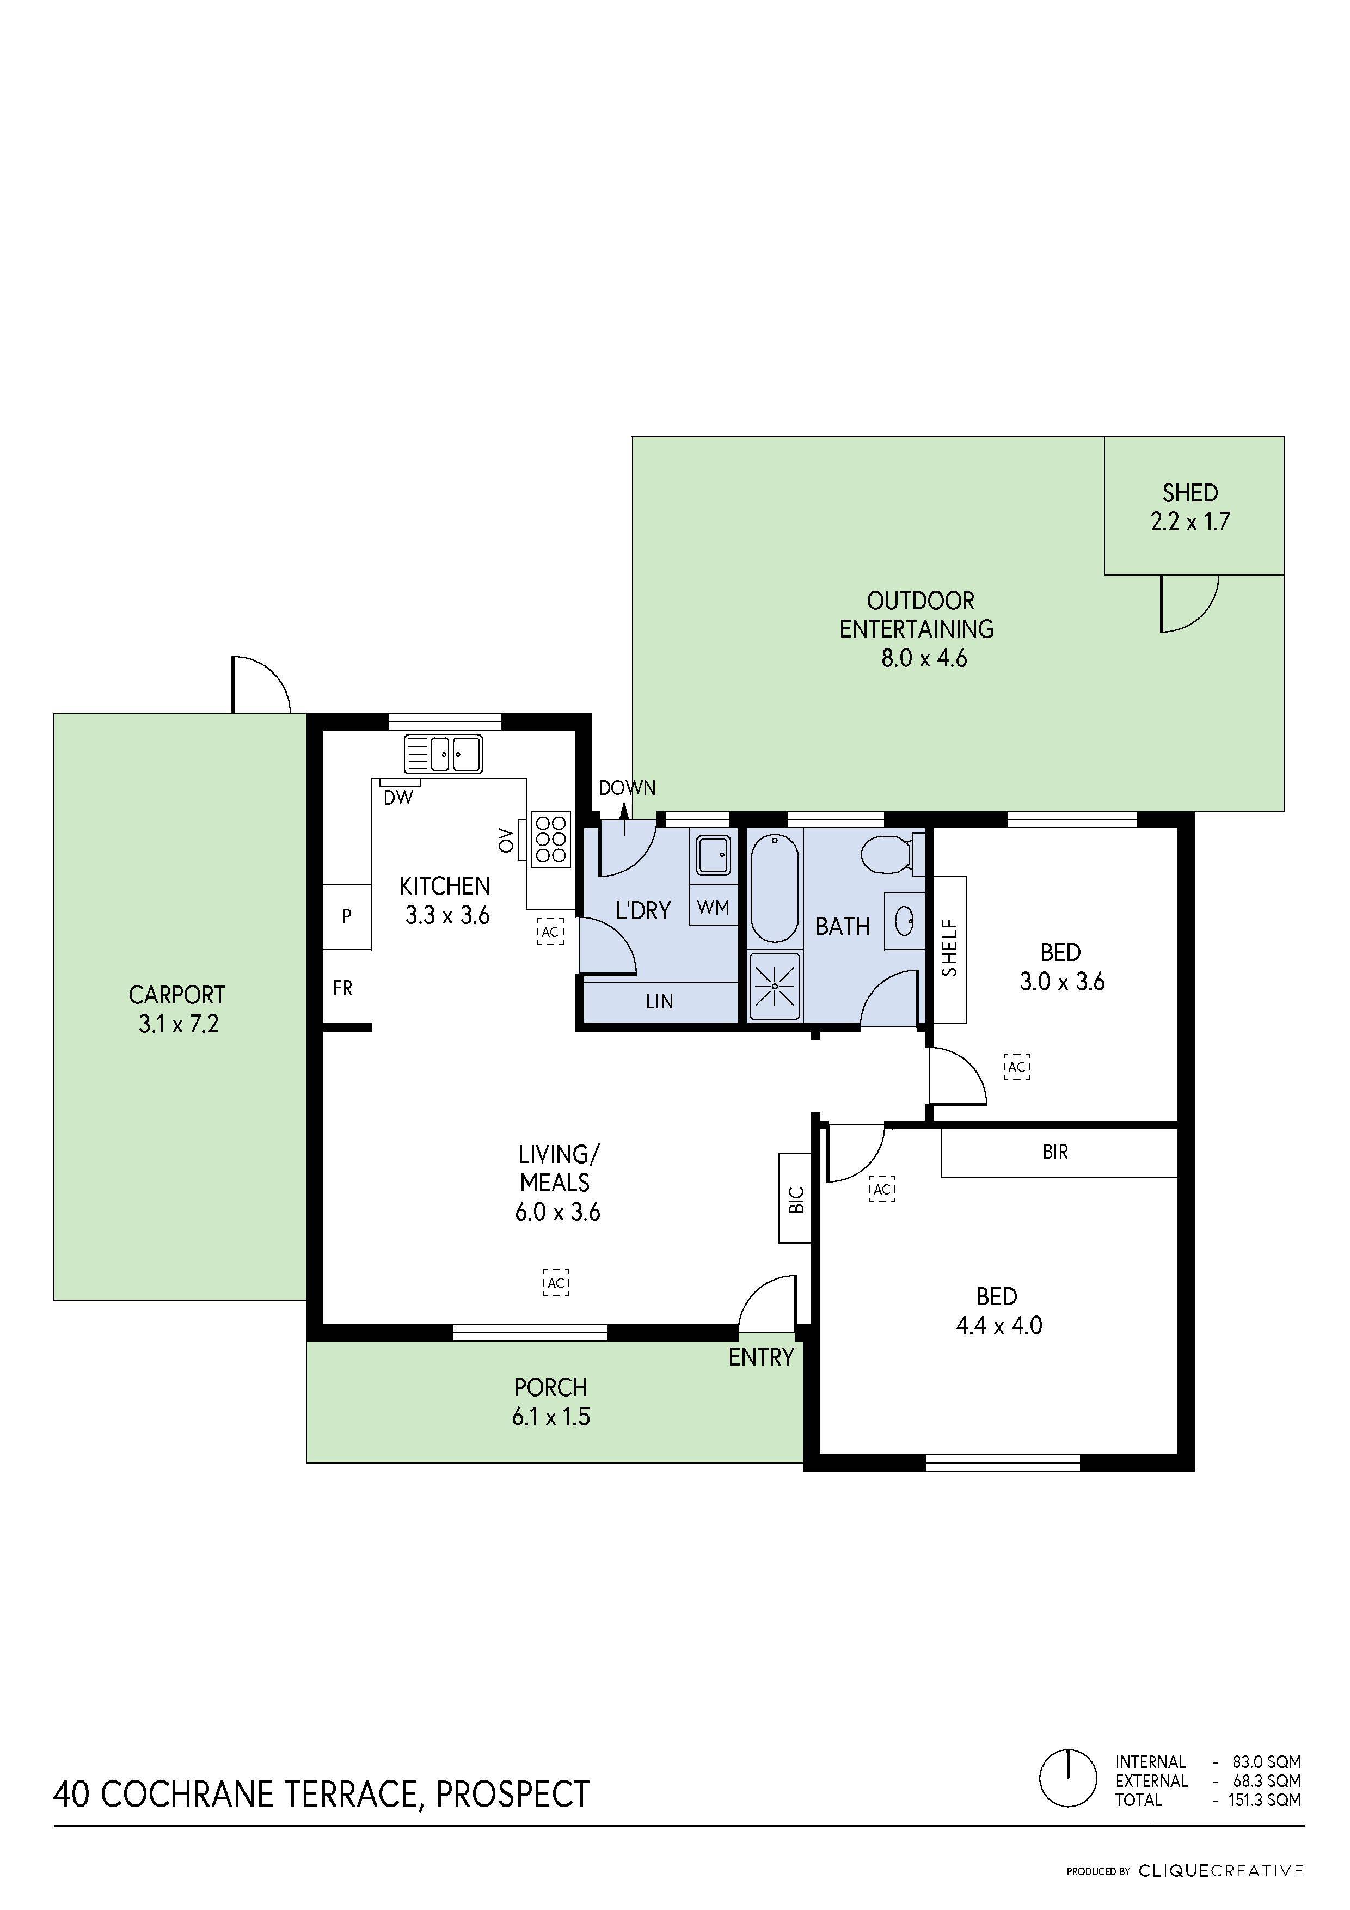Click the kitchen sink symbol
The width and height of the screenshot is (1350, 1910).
click(443, 755)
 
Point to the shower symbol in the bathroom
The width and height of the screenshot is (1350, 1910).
click(775, 986)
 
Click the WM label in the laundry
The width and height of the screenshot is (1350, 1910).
click(713, 908)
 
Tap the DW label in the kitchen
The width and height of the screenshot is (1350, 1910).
click(398, 798)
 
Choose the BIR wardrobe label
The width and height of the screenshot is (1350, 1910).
click(1055, 1152)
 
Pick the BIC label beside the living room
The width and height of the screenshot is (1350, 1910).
click(796, 1199)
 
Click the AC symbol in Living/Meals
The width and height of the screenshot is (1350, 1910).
click(556, 1283)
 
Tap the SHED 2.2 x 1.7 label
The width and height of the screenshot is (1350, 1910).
click(1191, 506)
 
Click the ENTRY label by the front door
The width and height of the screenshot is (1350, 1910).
click(760, 1357)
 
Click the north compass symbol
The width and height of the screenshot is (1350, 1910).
click(1068, 1779)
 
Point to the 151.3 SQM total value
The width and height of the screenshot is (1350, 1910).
click(1263, 1800)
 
